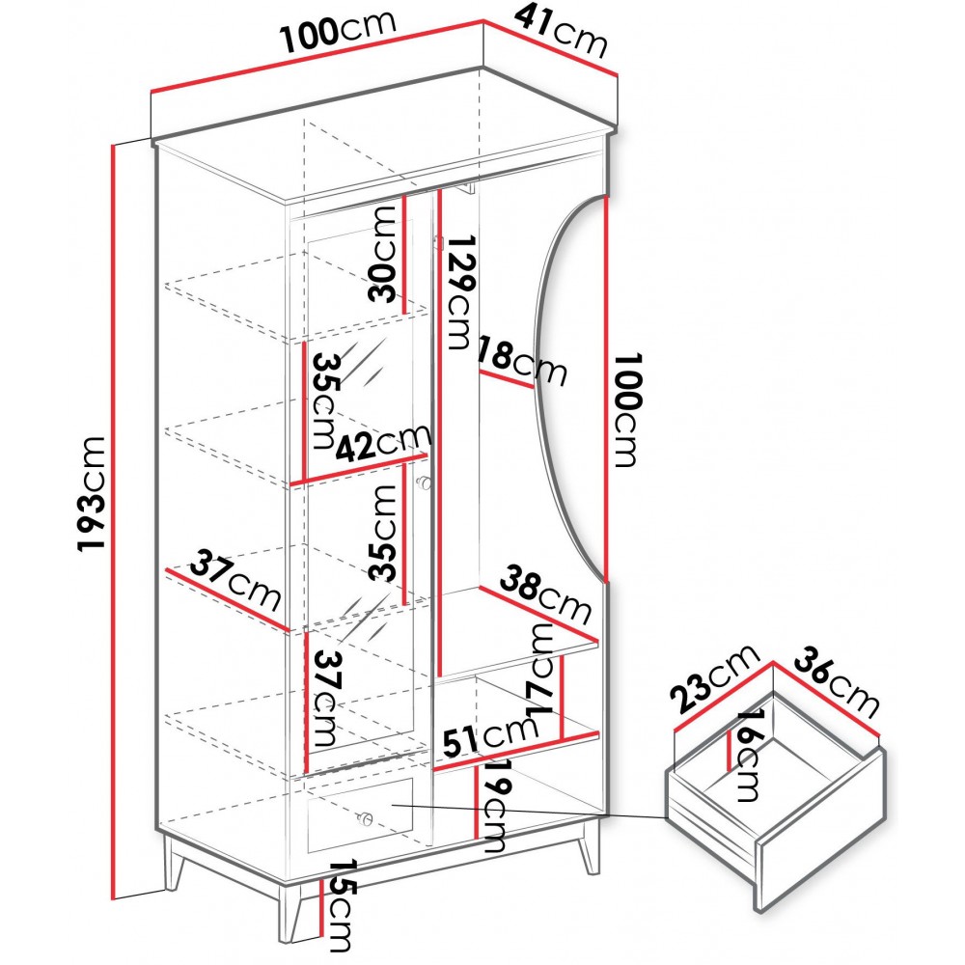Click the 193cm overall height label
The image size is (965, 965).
[x=93, y=493]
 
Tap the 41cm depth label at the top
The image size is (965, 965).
[x=561, y=31]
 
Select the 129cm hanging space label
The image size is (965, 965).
[x=461, y=291]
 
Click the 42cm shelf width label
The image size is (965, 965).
[x=383, y=442]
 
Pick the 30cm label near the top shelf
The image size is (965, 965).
[x=382, y=254]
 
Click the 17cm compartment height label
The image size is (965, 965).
[x=538, y=668]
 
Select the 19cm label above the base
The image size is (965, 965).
[x=493, y=806]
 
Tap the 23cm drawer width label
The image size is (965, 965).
[x=714, y=678]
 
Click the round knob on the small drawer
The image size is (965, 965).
[x=365, y=818]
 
